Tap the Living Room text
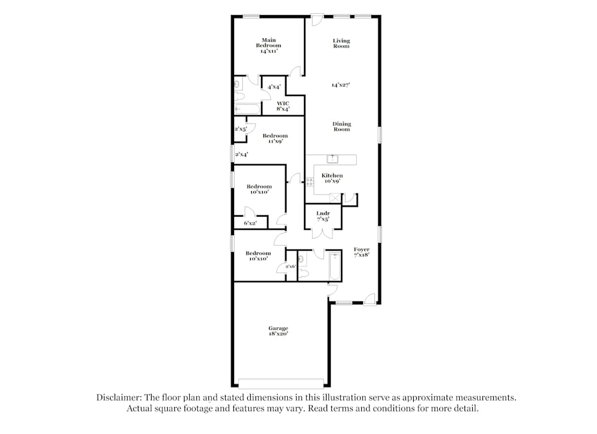tap(341, 43)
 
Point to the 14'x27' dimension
tap(341, 85)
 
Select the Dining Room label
tap(341, 127)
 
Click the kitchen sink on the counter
tap(333, 159)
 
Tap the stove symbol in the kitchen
tap(309, 182)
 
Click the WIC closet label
tap(283, 106)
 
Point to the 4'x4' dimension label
tap(274, 87)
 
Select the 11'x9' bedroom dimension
tap(275, 141)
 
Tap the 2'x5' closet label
tap(240, 129)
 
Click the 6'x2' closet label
tap(250, 223)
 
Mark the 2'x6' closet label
tap(291, 266)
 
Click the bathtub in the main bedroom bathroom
tap(247, 109)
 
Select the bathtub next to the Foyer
tap(334, 265)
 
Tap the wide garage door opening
tap(281, 383)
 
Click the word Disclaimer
tap(118, 397)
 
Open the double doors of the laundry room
tap(323, 233)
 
